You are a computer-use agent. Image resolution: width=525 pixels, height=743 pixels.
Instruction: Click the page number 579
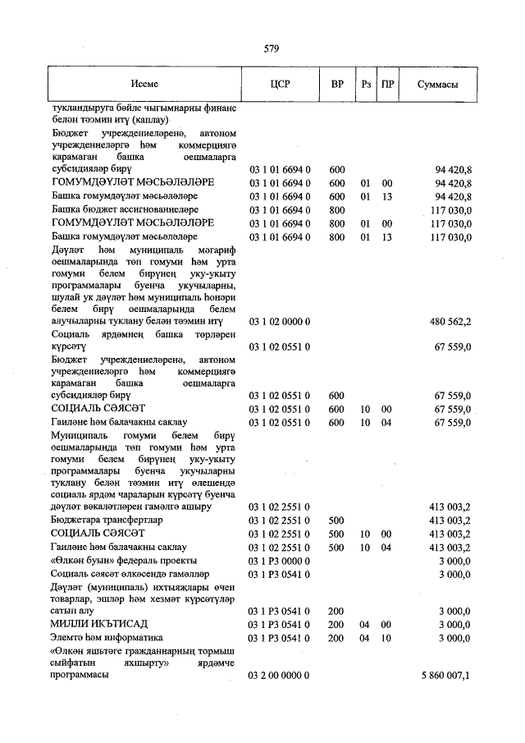[x=272, y=48]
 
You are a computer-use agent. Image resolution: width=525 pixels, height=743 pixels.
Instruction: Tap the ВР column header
[x=337, y=85]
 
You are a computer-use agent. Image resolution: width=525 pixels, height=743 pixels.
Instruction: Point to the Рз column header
[x=366, y=85]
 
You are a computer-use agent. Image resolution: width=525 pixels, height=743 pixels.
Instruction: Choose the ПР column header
[x=389, y=85]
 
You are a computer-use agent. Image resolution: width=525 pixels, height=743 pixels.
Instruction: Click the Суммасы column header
[x=437, y=85]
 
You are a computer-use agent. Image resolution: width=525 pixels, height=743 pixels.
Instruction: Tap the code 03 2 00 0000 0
[x=279, y=674]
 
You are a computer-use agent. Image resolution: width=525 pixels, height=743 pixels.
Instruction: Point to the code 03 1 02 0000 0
[x=279, y=321]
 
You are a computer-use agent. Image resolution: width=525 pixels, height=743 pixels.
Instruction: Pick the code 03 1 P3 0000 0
[x=279, y=559]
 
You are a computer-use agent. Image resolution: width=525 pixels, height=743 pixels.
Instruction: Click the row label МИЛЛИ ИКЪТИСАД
[x=96, y=624]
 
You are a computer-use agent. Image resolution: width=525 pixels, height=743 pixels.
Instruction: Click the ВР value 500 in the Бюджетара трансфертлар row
[x=336, y=520]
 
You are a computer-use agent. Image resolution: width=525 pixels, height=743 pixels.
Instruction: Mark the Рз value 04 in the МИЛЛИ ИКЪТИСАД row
[x=366, y=624]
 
